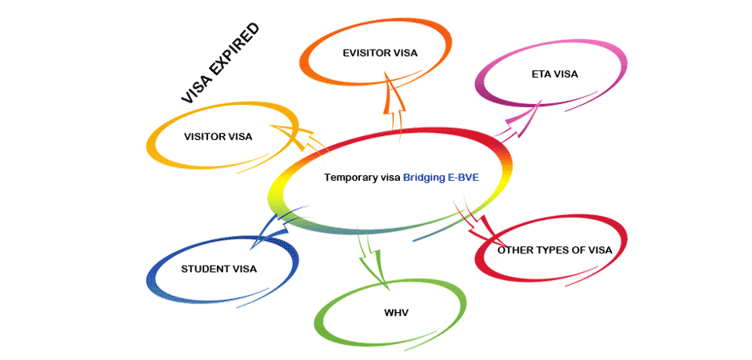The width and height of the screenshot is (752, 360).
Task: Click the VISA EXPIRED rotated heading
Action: point(220,64)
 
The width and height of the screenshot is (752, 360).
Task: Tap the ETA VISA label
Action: point(554,74)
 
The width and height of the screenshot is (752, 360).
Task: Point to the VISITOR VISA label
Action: point(218,136)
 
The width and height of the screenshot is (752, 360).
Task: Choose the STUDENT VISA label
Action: point(219,269)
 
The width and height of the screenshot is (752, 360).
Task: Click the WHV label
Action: point(396,312)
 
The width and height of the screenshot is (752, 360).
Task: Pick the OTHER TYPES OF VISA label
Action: point(554,250)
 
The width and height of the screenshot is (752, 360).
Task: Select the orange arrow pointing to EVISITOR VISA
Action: point(391,100)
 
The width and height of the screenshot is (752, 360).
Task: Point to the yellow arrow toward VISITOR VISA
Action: point(292,136)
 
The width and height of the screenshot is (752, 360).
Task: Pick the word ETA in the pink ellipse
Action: point(541,74)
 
